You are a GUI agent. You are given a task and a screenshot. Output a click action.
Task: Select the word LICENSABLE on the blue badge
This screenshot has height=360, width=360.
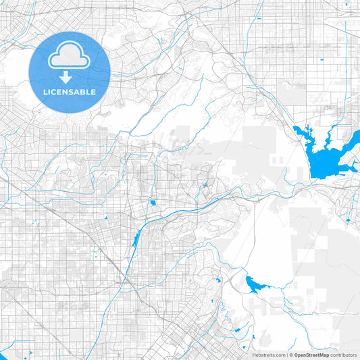coord(70,92)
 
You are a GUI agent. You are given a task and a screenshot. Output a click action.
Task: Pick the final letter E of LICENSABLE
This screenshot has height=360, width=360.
coord(94,92)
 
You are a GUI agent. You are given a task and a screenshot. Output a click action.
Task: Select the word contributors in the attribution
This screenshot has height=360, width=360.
coord(343,355)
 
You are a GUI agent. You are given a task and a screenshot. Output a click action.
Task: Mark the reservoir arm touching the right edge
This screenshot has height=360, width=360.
coord(353,138)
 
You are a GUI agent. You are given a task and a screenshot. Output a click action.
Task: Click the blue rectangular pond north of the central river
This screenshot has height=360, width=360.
coord(153,202)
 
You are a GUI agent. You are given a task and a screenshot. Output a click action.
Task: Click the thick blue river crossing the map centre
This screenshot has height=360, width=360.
coord(203,203)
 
